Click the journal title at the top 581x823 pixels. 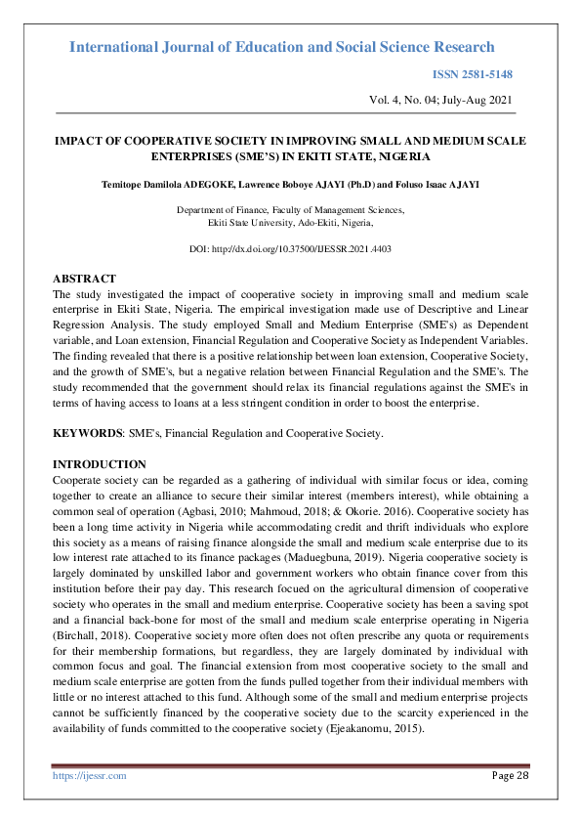click(282, 47)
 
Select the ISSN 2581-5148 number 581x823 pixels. click(473, 75)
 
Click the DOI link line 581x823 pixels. click(290, 250)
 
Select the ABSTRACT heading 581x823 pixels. click(84, 279)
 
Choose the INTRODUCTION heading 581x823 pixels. click(99, 463)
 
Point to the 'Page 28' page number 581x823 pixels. click(508, 775)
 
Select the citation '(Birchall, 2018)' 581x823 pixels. click(89, 632)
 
